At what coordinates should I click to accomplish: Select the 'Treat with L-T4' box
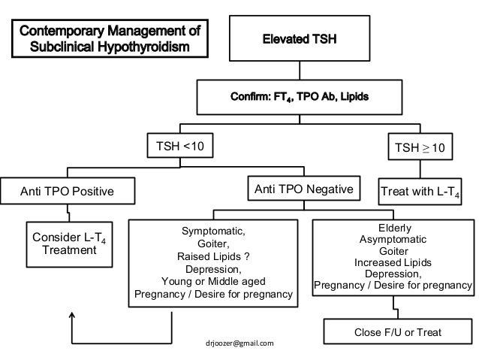click(x=425, y=192)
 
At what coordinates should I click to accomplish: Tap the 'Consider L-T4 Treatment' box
click(x=68, y=244)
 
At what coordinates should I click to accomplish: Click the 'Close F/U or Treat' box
click(x=398, y=331)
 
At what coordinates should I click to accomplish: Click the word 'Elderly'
click(x=392, y=228)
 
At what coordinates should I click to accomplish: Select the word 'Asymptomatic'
click(x=392, y=240)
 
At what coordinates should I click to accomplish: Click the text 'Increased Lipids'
click(x=392, y=263)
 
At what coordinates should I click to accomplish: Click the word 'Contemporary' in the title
click(x=66, y=32)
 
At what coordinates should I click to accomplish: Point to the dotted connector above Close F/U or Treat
click(x=390, y=307)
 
